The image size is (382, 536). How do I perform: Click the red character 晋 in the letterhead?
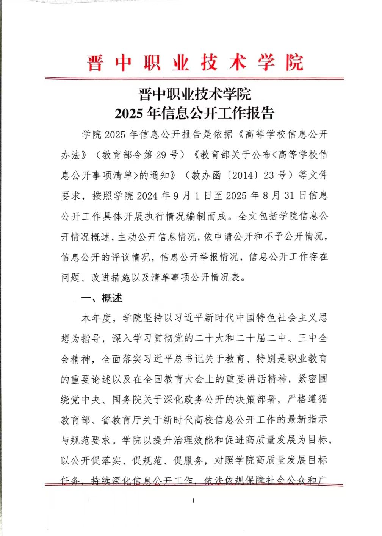click(x=95, y=63)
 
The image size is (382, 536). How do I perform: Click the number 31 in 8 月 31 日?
click(x=289, y=196)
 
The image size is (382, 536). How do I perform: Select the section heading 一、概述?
click(x=102, y=298)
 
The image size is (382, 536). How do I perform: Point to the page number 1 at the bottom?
click(x=194, y=501)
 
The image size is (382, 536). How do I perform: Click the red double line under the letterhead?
click(x=194, y=78)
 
